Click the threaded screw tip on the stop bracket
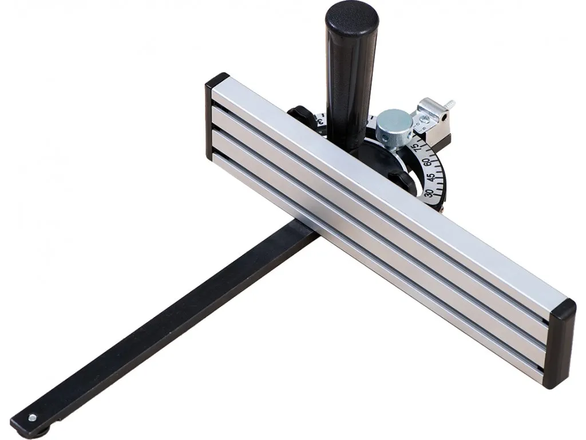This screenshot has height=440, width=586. coord(450,105)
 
